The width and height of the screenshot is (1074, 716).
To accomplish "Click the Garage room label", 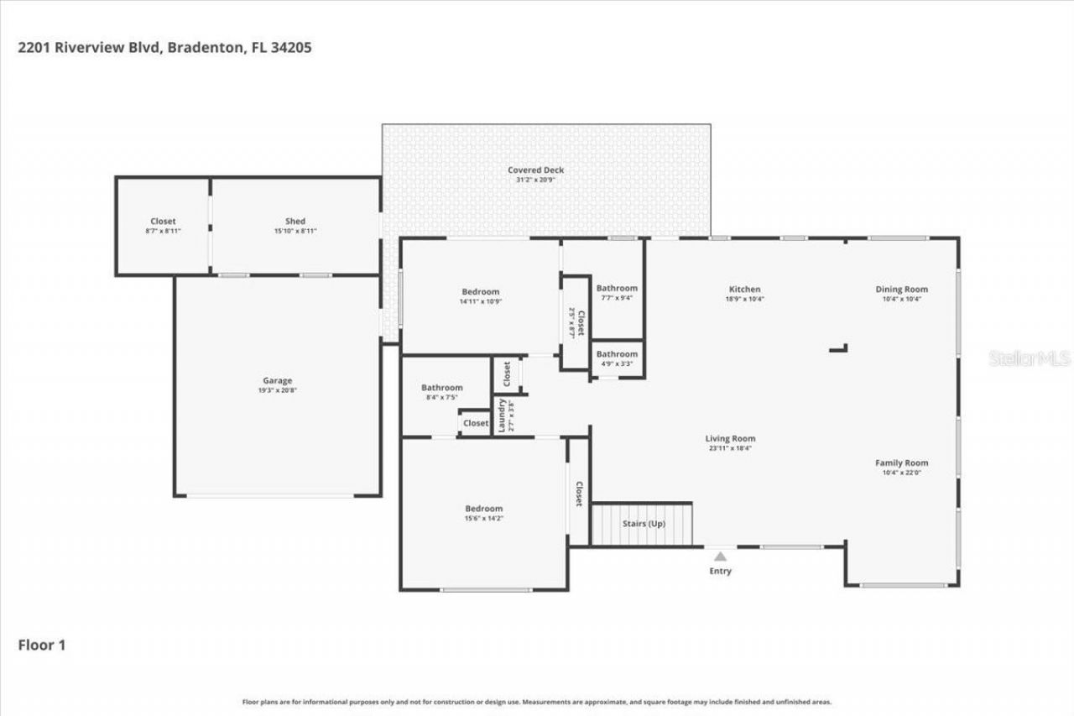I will coord(277,380).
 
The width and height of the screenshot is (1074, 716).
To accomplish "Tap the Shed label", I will coord(295,222).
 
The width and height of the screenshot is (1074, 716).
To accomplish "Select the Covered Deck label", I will coord(535,170).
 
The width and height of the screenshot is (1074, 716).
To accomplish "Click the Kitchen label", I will coord(744,290).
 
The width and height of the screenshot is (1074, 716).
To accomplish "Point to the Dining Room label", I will coord(902,290).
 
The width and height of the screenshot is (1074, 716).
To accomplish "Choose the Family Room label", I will coord(902,463).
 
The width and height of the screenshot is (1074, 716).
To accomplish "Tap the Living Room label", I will coord(730,438).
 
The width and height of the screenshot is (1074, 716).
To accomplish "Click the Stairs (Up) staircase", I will coord(643,525).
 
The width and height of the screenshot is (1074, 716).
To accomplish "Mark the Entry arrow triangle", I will coord(720,556).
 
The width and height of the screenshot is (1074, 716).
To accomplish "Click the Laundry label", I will coord(501,415).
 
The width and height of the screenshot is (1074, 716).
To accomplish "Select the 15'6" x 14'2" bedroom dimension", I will coord(484,519).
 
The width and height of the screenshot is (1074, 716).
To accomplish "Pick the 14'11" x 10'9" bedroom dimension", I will coord(480,301).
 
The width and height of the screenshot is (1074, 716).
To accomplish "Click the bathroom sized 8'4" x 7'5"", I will coord(441,393).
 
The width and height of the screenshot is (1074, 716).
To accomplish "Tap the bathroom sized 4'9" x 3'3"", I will coord(617,359).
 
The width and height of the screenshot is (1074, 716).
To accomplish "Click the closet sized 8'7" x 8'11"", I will coord(163,226).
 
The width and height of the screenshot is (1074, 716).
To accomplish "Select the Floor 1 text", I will coord(42,645).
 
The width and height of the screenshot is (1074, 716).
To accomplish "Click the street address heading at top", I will coord(164,48).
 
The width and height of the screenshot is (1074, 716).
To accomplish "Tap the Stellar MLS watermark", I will coord(1030,358).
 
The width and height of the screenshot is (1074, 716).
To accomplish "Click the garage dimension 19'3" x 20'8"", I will coord(277,390).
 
